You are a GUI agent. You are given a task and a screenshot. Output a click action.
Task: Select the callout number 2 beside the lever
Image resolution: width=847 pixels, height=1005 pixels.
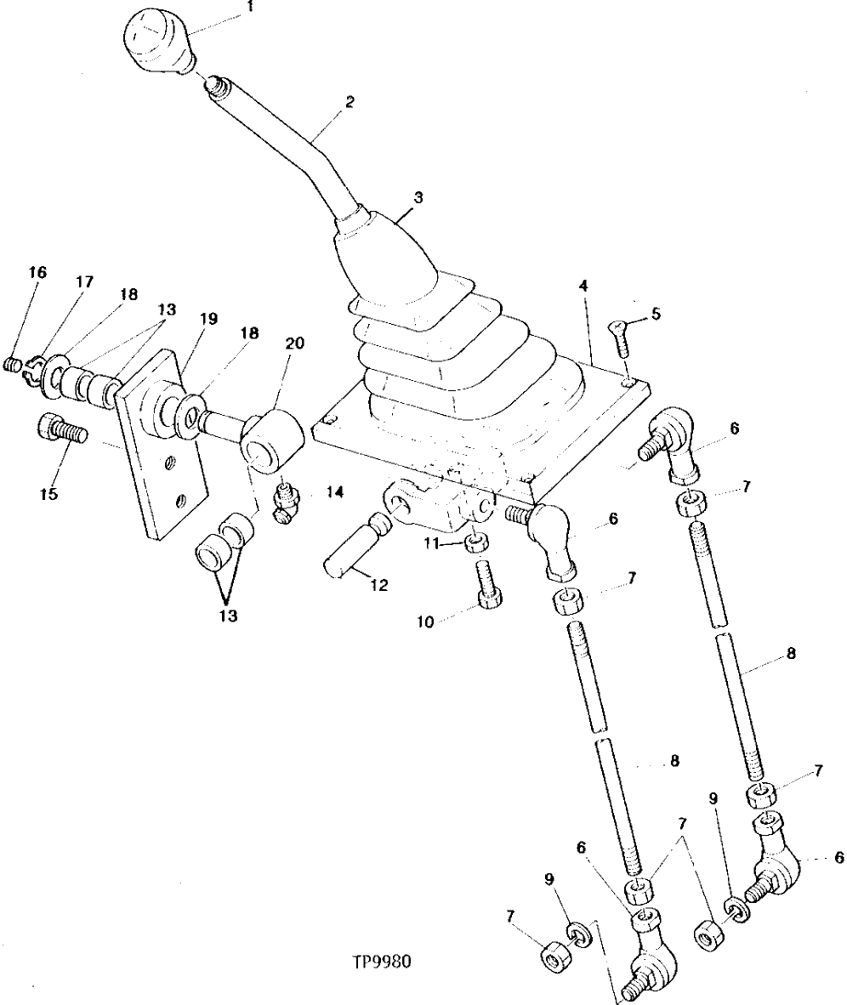(349, 101)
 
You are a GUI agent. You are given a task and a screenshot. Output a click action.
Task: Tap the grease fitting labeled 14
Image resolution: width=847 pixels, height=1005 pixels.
(287, 503)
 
